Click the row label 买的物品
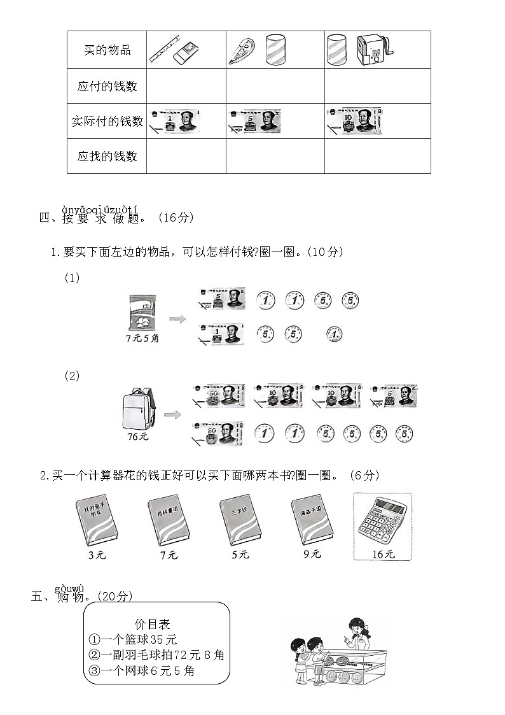click(x=107, y=50)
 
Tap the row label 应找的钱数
click(x=107, y=156)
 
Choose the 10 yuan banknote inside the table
click(x=355, y=120)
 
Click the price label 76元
click(x=137, y=437)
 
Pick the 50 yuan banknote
click(x=217, y=396)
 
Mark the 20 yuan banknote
click(x=217, y=433)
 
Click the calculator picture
click(x=382, y=521)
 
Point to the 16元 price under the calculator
click(x=383, y=554)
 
